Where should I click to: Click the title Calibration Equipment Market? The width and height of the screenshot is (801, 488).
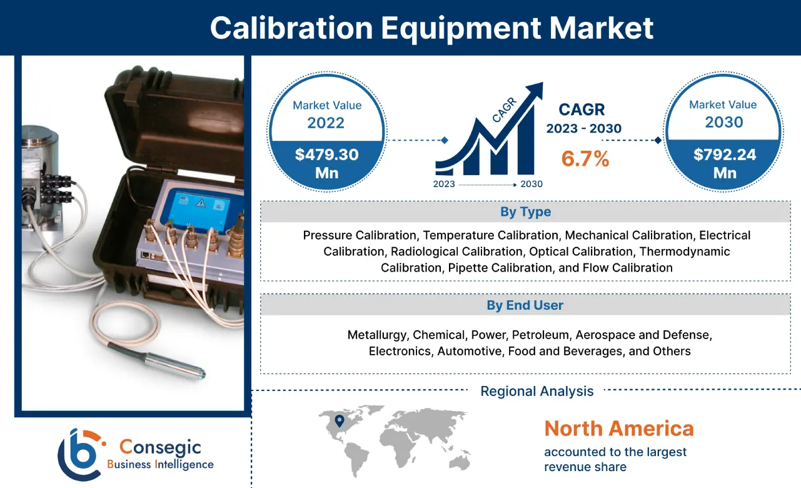tap(431, 28)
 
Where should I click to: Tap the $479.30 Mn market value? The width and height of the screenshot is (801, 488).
tap(326, 163)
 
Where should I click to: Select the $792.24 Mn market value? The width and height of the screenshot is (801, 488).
tap(723, 163)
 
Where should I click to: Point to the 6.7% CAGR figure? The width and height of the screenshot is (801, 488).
tap(585, 159)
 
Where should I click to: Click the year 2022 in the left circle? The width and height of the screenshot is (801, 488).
tap(326, 122)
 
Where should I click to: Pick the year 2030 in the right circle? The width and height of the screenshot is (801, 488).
tap(723, 121)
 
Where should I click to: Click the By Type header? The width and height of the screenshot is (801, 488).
tap(525, 212)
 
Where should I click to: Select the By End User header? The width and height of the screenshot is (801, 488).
tap(525, 305)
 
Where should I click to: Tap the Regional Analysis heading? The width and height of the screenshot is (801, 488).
tap(537, 392)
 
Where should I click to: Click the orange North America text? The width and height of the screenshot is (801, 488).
tap(618, 429)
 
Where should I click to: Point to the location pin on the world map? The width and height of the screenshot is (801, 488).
tap(339, 421)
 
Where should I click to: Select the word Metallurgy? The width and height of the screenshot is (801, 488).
tap(376, 335)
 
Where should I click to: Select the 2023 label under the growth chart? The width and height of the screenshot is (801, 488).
tap(444, 185)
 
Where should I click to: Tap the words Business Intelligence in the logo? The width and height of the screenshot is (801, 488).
tap(160, 464)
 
